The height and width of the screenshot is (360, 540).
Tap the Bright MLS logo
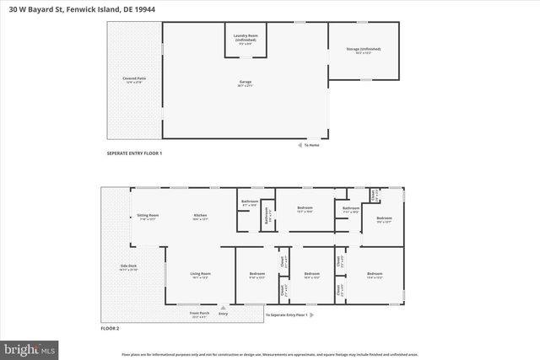pyautogui.click(x=30, y=347)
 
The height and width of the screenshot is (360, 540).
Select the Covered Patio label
pyautogui.click(x=135, y=80)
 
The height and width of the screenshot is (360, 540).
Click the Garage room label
pyautogui.click(x=245, y=83)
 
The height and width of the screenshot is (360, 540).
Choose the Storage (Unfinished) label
pyautogui.click(x=359, y=51)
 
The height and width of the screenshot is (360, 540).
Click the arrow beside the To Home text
pyautogui.click(x=298, y=145)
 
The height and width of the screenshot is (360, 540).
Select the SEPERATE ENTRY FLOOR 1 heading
pyautogui.click(x=134, y=153)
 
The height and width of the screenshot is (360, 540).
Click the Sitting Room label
pyautogui.click(x=148, y=217)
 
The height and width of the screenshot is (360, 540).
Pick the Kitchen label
pyautogui.click(x=200, y=217)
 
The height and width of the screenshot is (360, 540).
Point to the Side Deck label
pyautogui.click(x=128, y=267)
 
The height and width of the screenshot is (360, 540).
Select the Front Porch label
pyautogui.click(x=200, y=314)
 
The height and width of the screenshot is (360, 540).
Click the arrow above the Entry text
pyautogui.click(x=224, y=307)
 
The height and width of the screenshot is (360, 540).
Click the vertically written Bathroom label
pyautogui.click(x=263, y=216)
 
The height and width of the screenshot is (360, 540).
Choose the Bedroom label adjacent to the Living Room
pyautogui.click(x=257, y=274)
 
